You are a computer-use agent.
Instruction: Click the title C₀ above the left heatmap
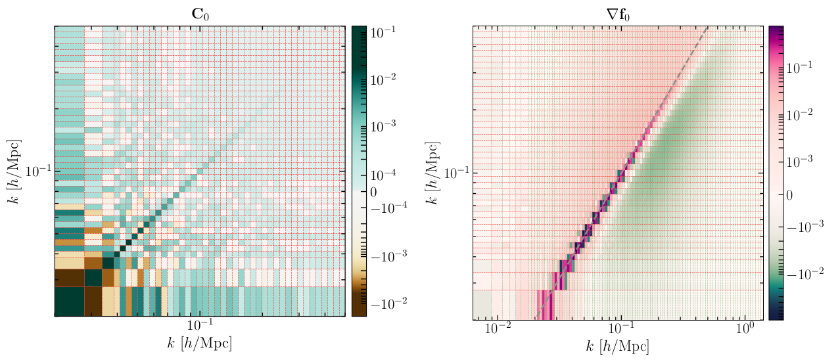click(x=199, y=12)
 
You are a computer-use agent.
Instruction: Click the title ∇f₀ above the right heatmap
click(x=618, y=12)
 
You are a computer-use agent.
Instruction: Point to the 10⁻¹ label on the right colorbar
click(x=802, y=67)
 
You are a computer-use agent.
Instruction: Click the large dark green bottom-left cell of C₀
click(x=69, y=302)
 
